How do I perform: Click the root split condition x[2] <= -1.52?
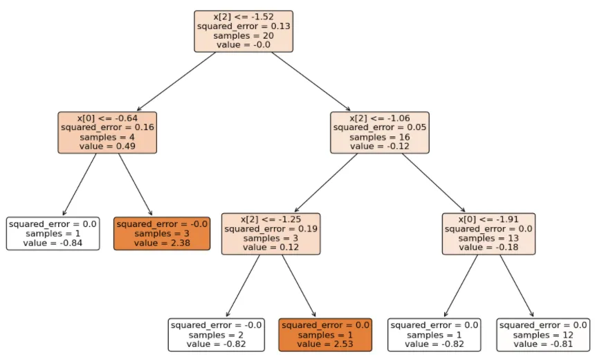tap(244, 17)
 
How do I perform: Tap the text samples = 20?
tap(244, 36)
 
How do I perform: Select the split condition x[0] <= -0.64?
tap(107, 118)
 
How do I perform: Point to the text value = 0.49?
tap(107, 146)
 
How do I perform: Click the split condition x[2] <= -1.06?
tap(380, 118)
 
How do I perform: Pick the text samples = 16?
tap(380, 137)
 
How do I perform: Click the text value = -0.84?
tap(53, 243)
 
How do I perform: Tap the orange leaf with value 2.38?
tap(162, 233)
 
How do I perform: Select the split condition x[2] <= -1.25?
tap(271, 219)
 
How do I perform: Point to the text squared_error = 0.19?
tap(271, 228)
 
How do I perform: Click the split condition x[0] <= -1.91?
tap(488, 219)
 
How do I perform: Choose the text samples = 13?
tap(488, 238)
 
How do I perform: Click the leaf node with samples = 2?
tap(217, 335)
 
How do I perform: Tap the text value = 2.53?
tap(325, 344)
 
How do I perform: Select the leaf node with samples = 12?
tap(543, 335)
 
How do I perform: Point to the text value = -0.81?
tap(543, 344)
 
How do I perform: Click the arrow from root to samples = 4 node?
tap(176, 81)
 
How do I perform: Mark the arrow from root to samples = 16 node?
tap(311, 81)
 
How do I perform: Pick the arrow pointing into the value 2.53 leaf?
tap(299, 285)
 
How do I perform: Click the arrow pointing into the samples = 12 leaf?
tap(517, 285)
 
